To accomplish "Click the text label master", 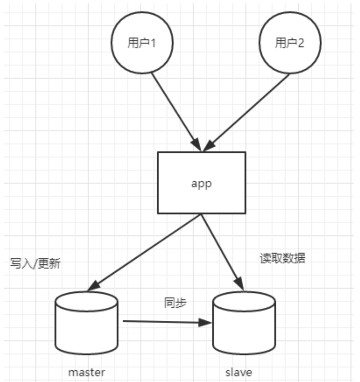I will pos(87,372).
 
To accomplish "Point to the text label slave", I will pos(239,372).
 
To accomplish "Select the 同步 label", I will pos(175,303).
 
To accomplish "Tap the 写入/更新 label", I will pos(35,263).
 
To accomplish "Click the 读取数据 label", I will pos(282,258).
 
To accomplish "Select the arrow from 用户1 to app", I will pos(174,109).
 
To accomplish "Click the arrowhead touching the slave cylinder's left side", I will pos(205,323).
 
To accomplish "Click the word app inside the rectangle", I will pos(202,184).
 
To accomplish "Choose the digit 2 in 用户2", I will pos(300,43).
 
